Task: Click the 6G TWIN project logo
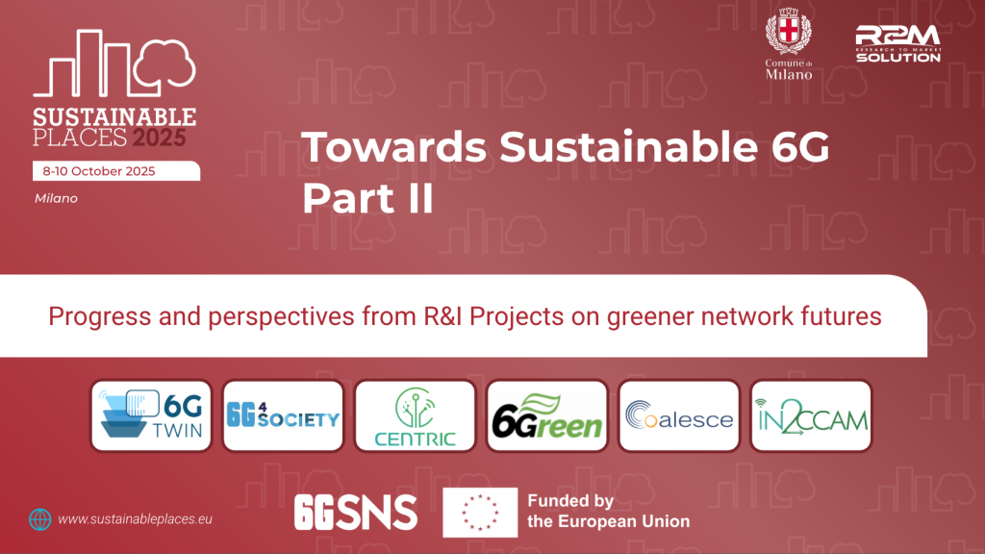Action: pyautogui.click(x=151, y=415)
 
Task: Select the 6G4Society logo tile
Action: pyautogui.click(x=284, y=415)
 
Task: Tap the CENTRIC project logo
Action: pyautogui.click(x=416, y=415)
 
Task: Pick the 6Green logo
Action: pyautogui.click(x=547, y=415)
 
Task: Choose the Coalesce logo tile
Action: pyautogui.click(x=679, y=415)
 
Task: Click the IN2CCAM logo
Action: pyautogui.click(x=811, y=415)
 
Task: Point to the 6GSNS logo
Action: pyautogui.click(x=356, y=512)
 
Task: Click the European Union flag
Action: pyautogui.click(x=480, y=512)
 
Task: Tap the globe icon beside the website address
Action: pyautogui.click(x=40, y=519)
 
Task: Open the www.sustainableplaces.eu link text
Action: pyautogui.click(x=135, y=519)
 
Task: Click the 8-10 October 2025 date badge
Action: pyautogui.click(x=116, y=171)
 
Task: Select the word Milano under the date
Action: pyautogui.click(x=56, y=198)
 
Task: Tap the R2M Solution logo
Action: pyautogui.click(x=898, y=44)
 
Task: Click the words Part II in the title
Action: pyautogui.click(x=368, y=198)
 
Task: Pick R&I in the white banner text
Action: pyautogui.click(x=442, y=315)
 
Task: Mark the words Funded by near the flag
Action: pyautogui.click(x=570, y=500)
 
